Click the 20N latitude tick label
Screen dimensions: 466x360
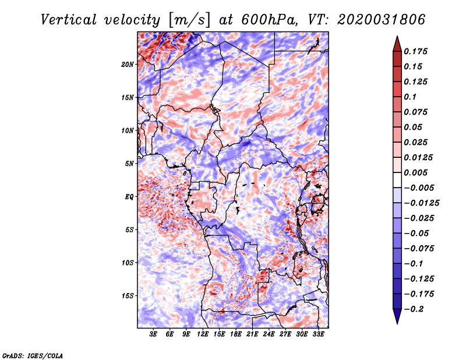click(x=128, y=64)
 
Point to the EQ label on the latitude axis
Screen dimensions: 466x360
click(x=129, y=197)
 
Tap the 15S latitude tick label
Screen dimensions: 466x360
click(x=128, y=296)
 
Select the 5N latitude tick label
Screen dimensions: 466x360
click(x=129, y=164)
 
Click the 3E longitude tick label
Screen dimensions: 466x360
click(x=153, y=334)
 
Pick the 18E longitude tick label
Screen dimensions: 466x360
click(x=236, y=334)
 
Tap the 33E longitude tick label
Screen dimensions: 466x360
click(x=318, y=334)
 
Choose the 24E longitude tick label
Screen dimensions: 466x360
click(x=269, y=334)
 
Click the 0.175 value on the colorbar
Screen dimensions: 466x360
click(x=416, y=51)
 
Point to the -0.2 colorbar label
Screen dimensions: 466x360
click(x=414, y=309)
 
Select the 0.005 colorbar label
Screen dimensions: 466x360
click(x=416, y=172)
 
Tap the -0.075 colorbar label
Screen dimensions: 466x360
click(x=419, y=249)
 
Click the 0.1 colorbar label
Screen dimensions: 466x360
click(x=410, y=97)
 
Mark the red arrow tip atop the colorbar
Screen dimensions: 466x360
click(x=397, y=36)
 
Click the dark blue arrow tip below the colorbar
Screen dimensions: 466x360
click(x=397, y=323)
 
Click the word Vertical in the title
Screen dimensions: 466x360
click(x=69, y=20)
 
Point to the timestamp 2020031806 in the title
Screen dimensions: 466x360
click(x=382, y=20)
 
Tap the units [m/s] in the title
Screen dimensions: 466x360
click(x=189, y=20)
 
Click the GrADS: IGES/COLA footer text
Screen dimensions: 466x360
click(x=33, y=355)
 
